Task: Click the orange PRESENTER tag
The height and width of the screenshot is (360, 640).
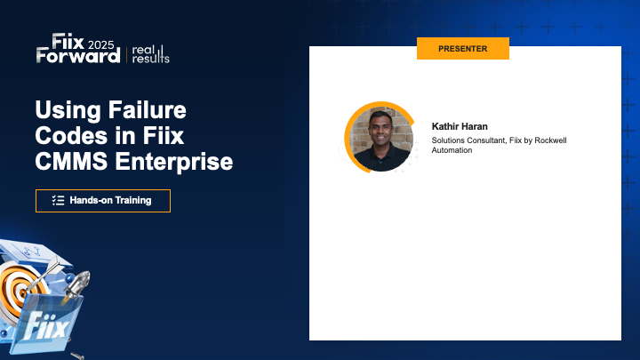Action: [462, 48]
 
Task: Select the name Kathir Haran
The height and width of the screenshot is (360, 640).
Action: [460, 126]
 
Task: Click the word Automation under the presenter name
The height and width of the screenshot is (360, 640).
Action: [452, 150]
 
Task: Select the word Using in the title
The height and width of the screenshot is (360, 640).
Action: [65, 112]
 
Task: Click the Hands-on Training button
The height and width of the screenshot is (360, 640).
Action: [102, 200]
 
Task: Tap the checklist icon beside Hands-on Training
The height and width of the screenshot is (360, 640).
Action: [59, 200]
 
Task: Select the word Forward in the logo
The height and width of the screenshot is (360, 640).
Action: [78, 55]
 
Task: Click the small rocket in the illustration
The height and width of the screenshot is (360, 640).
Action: [76, 285]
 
